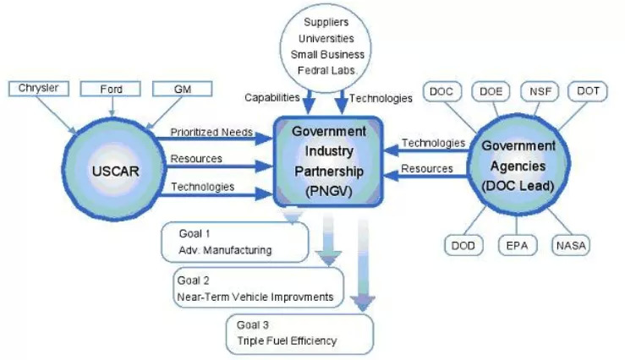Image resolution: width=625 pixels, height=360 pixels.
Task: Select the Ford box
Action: pos(112,88)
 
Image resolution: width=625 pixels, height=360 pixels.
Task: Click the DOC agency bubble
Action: pos(441,90)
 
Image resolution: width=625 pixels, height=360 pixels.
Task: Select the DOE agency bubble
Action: pos(491,90)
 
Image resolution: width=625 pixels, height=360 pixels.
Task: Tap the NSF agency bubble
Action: pos(540,90)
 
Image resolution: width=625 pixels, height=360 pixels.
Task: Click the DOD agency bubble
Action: pos(463,246)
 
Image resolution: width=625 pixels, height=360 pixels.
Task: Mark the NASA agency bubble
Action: pos(571,246)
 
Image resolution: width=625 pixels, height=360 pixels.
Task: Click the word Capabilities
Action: pos(271,98)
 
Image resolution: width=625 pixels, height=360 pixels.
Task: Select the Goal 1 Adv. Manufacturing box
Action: pos(234,242)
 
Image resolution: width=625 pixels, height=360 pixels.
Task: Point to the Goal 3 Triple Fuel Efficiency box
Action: pos(301,333)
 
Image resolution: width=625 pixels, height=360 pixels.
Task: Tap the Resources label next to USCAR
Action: pos(196,159)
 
